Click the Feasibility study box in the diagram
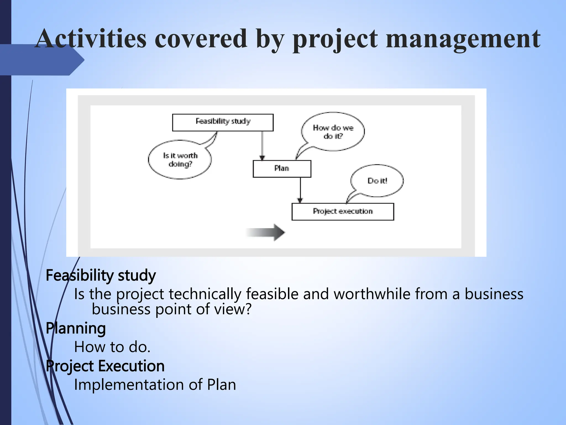pyautogui.click(x=223, y=122)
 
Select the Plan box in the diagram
pyautogui.click(x=282, y=169)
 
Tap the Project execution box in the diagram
pyautogui.click(x=343, y=212)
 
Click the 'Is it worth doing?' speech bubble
pyautogui.click(x=180, y=160)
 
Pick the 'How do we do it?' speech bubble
pyautogui.click(x=333, y=132)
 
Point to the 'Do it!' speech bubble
pyautogui.click(x=377, y=181)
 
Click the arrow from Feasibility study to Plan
pyautogui.click(x=262, y=145)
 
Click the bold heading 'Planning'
pyautogui.click(x=76, y=328)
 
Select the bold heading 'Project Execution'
pyautogui.click(x=105, y=366)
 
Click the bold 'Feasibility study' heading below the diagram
pyautogui.click(x=101, y=276)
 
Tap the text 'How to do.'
pyautogui.click(x=112, y=347)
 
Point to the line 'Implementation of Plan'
pyautogui.click(x=155, y=385)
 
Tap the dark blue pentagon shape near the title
pyautogui.click(x=41, y=60)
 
